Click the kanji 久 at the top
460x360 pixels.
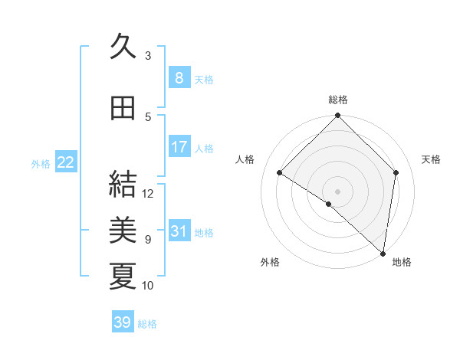coord(123,48)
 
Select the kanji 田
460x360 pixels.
coord(123,108)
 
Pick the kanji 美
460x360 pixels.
coord(123,229)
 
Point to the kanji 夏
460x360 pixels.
coord(123,276)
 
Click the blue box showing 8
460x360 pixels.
coord(179,78)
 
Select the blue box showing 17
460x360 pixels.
coord(179,147)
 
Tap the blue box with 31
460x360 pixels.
coord(179,231)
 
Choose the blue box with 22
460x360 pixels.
coord(66,162)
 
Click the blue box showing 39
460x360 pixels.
coord(122,322)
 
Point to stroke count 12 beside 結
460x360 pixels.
coord(149,194)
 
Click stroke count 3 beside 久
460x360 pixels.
coord(148,55)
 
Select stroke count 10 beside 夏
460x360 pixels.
coord(148,286)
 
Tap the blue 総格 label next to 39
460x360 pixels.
coord(147,324)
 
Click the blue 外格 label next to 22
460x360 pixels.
coord(41,164)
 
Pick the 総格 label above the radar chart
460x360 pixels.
coord(337,100)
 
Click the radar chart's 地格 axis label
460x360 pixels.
coord(402,262)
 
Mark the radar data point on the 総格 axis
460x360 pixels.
coord(337,116)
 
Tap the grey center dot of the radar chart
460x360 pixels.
coord(337,191)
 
